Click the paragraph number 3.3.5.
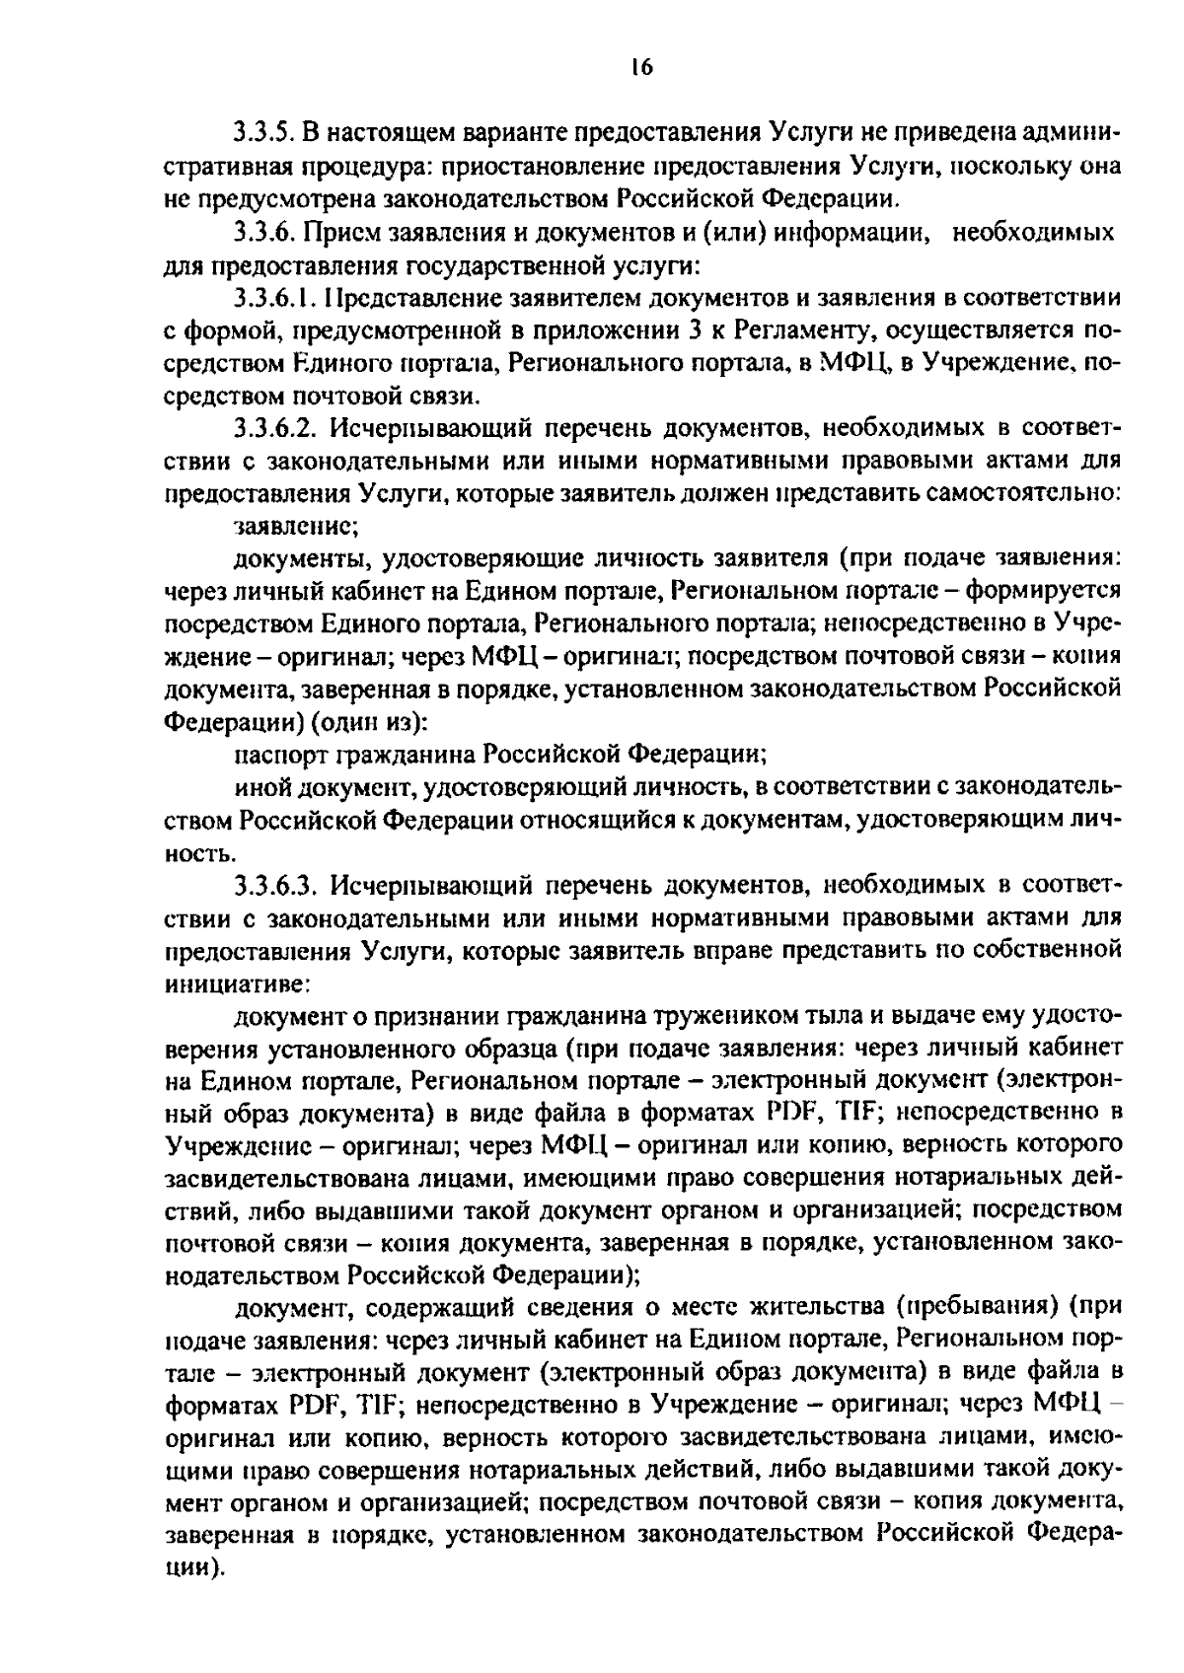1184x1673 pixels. [263, 133]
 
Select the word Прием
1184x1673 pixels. [333, 233]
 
